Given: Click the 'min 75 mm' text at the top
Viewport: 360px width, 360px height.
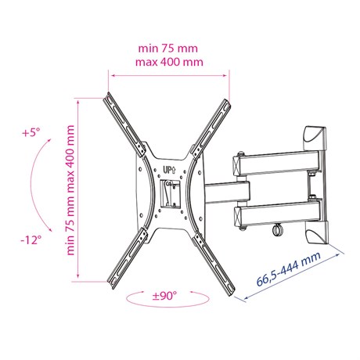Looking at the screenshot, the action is [x=167, y=49].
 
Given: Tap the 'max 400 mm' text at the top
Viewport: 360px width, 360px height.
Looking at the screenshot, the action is [x=169, y=62].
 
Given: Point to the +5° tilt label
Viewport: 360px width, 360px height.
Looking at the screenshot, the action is [x=31, y=132].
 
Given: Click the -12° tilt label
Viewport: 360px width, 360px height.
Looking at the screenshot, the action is [x=31, y=239].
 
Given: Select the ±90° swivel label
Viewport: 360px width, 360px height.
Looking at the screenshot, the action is [x=164, y=296].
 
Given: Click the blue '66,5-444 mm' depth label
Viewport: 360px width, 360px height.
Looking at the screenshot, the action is [x=289, y=269].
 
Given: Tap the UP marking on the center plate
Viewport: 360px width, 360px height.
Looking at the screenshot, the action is [x=169, y=170].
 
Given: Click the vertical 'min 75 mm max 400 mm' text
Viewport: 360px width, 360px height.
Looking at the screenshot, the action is [x=70, y=190].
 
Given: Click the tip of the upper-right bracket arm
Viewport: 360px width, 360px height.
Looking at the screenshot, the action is [x=228, y=101].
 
